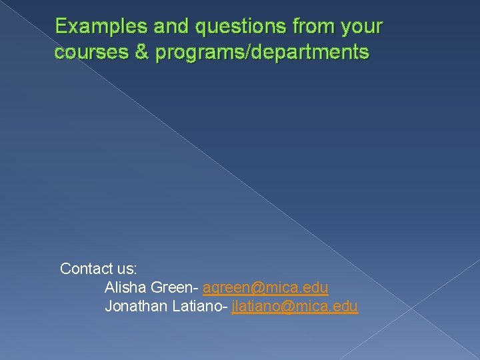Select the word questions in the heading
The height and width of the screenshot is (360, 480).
tap(226, 27)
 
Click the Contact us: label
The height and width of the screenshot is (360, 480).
tap(99, 269)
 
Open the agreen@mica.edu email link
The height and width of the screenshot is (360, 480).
tap(265, 288)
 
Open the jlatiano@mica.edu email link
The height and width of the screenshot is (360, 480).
tap(295, 307)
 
